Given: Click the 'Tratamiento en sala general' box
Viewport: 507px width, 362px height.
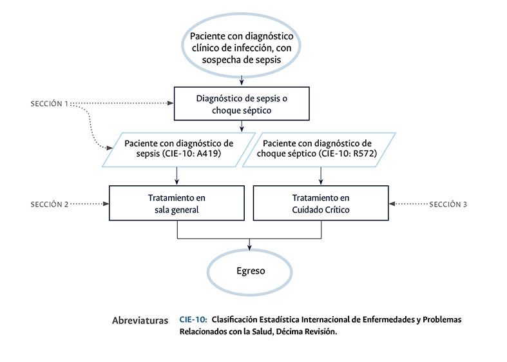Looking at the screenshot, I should tap(177, 203).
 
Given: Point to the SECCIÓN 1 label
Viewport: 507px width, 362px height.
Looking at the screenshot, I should tap(49, 103).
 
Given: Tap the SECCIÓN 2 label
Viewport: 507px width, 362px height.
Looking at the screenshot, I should tap(49, 204).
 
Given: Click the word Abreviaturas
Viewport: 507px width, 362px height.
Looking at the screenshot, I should tap(140, 320).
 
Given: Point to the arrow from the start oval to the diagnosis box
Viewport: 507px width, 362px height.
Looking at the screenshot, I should tap(242, 80).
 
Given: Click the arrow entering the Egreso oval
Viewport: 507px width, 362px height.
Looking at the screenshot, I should tap(250, 244).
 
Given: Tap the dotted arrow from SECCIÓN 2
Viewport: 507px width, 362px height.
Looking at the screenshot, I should tap(89, 204).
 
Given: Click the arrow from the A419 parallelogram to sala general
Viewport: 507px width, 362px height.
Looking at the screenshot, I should tap(177, 176).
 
